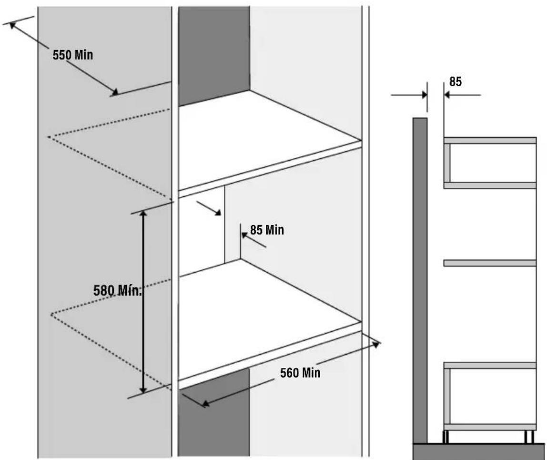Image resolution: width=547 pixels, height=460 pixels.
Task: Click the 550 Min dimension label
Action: [73, 55]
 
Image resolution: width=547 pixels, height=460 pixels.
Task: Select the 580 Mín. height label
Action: [117, 290]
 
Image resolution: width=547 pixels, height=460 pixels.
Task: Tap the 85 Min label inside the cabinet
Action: [267, 230]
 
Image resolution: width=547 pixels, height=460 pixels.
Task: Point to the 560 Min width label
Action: [300, 373]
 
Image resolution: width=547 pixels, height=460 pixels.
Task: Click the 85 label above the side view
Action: [455, 82]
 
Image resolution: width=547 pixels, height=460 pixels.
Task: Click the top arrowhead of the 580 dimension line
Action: [143, 214]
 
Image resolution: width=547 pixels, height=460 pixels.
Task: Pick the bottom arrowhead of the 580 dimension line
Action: [142, 389]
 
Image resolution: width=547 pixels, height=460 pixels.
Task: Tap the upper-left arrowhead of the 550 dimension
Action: [13, 25]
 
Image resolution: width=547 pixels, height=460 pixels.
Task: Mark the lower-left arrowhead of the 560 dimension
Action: [205, 403]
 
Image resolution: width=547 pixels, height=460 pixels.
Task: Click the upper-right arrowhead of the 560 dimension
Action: [376, 345]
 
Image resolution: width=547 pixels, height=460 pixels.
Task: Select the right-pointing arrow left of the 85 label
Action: [409, 94]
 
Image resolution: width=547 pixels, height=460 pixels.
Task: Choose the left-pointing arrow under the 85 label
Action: [462, 94]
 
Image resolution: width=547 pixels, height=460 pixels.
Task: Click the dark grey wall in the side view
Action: [420, 280]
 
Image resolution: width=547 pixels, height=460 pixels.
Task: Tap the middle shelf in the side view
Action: [490, 263]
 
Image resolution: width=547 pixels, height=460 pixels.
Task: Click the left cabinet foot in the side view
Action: [446, 437]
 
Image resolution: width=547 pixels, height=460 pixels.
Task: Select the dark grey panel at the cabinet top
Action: [214, 56]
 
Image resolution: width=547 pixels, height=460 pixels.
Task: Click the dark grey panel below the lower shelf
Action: [214, 414]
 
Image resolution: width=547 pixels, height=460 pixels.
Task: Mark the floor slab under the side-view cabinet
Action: [478, 451]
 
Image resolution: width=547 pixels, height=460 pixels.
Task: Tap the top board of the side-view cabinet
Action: [490, 140]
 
